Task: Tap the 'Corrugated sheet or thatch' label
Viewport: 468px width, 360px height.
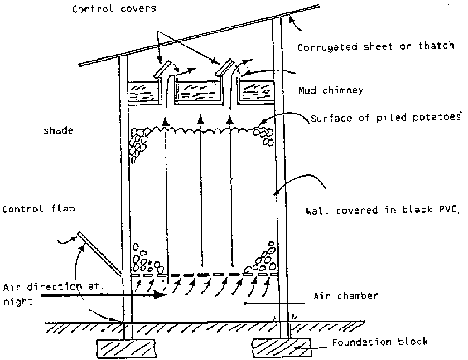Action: pos(375,47)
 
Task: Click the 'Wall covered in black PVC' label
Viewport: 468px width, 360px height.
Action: pos(383,210)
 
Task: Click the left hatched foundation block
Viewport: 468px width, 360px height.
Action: pos(124,347)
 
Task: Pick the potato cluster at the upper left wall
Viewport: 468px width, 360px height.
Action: pos(140,142)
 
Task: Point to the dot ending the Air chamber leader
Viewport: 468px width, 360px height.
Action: pos(246,304)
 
